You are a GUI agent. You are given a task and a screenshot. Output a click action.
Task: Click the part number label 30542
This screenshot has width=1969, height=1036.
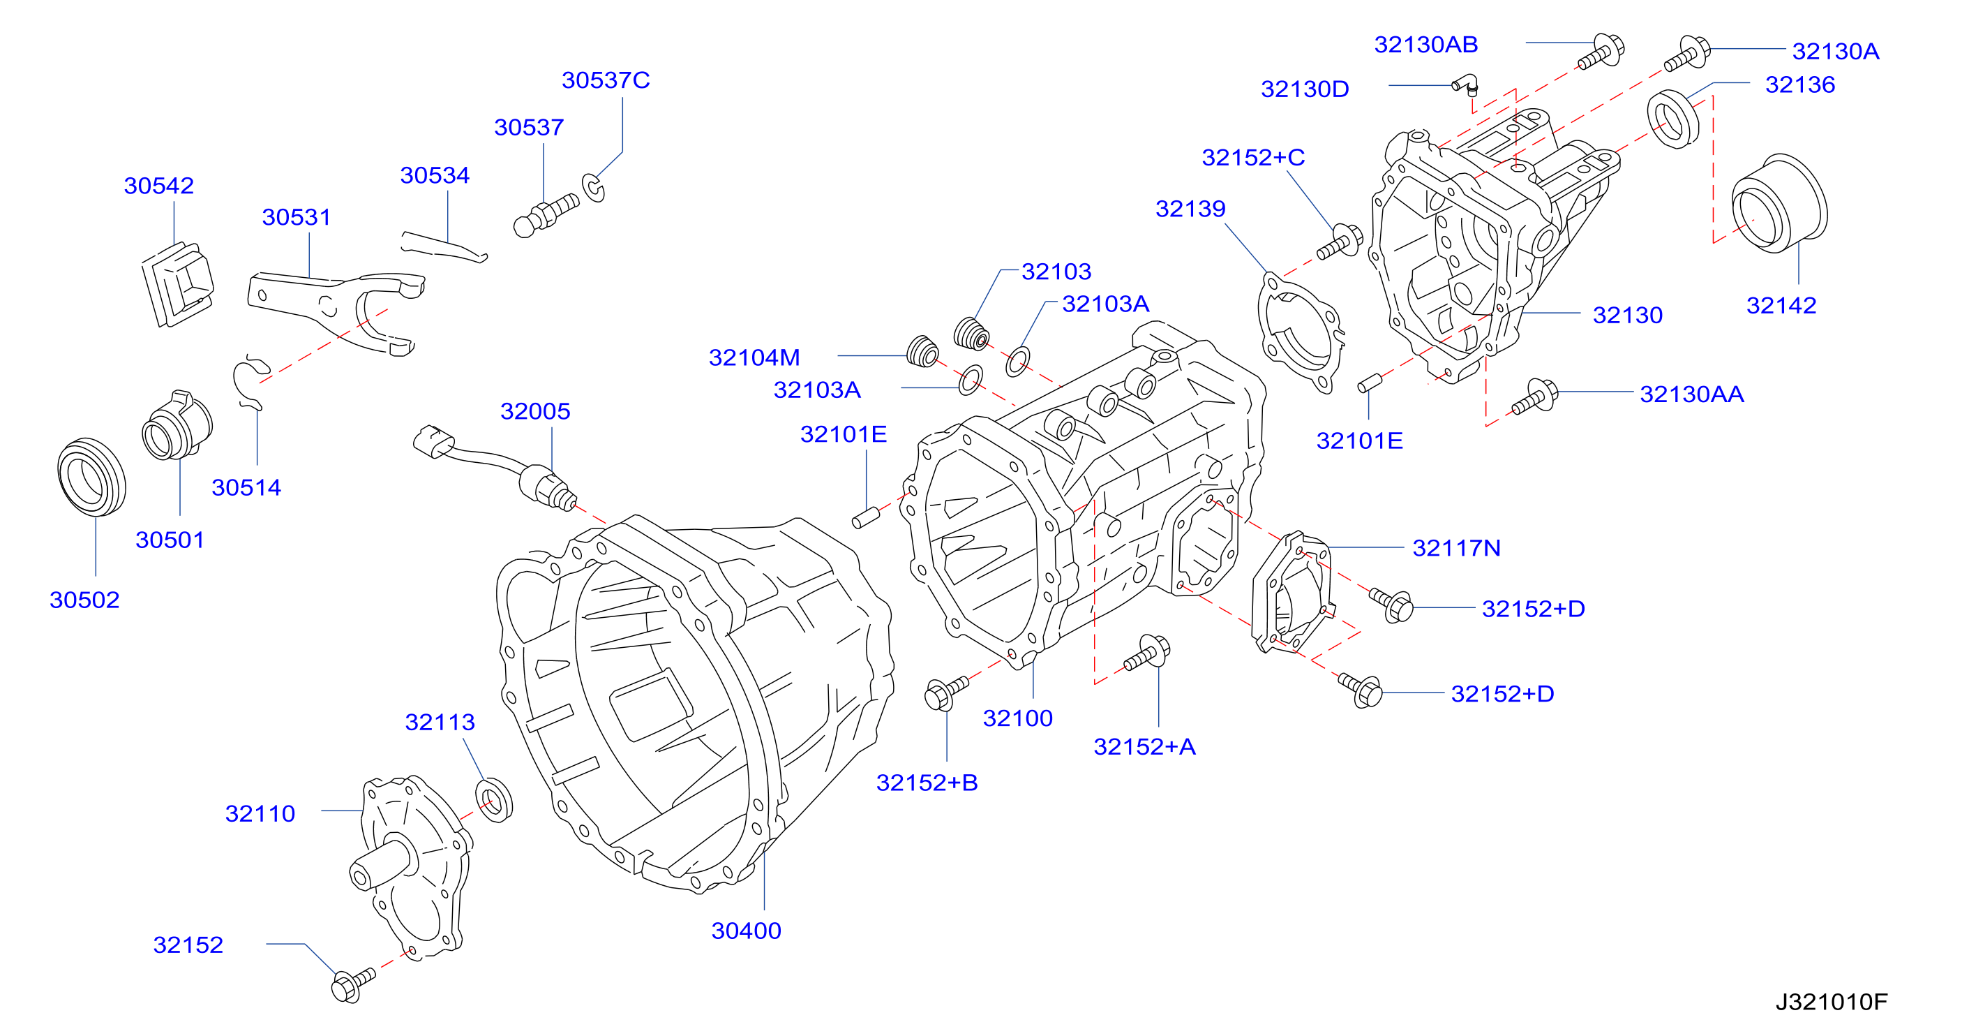(x=159, y=185)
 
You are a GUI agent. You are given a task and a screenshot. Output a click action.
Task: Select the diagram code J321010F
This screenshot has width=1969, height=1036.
(x=1831, y=1002)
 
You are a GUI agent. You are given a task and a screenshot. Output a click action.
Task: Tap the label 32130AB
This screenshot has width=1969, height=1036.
(x=1425, y=45)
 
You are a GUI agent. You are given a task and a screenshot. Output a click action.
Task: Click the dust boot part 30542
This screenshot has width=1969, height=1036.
(x=177, y=284)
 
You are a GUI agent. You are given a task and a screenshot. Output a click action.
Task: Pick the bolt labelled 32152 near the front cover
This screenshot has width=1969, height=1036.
(x=352, y=984)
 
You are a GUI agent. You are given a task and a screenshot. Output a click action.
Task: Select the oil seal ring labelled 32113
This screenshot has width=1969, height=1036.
(x=495, y=800)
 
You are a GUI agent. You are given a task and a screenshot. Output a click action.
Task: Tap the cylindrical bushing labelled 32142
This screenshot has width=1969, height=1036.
(x=1779, y=203)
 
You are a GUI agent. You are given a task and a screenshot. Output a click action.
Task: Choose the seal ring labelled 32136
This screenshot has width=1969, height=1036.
(x=1672, y=119)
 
